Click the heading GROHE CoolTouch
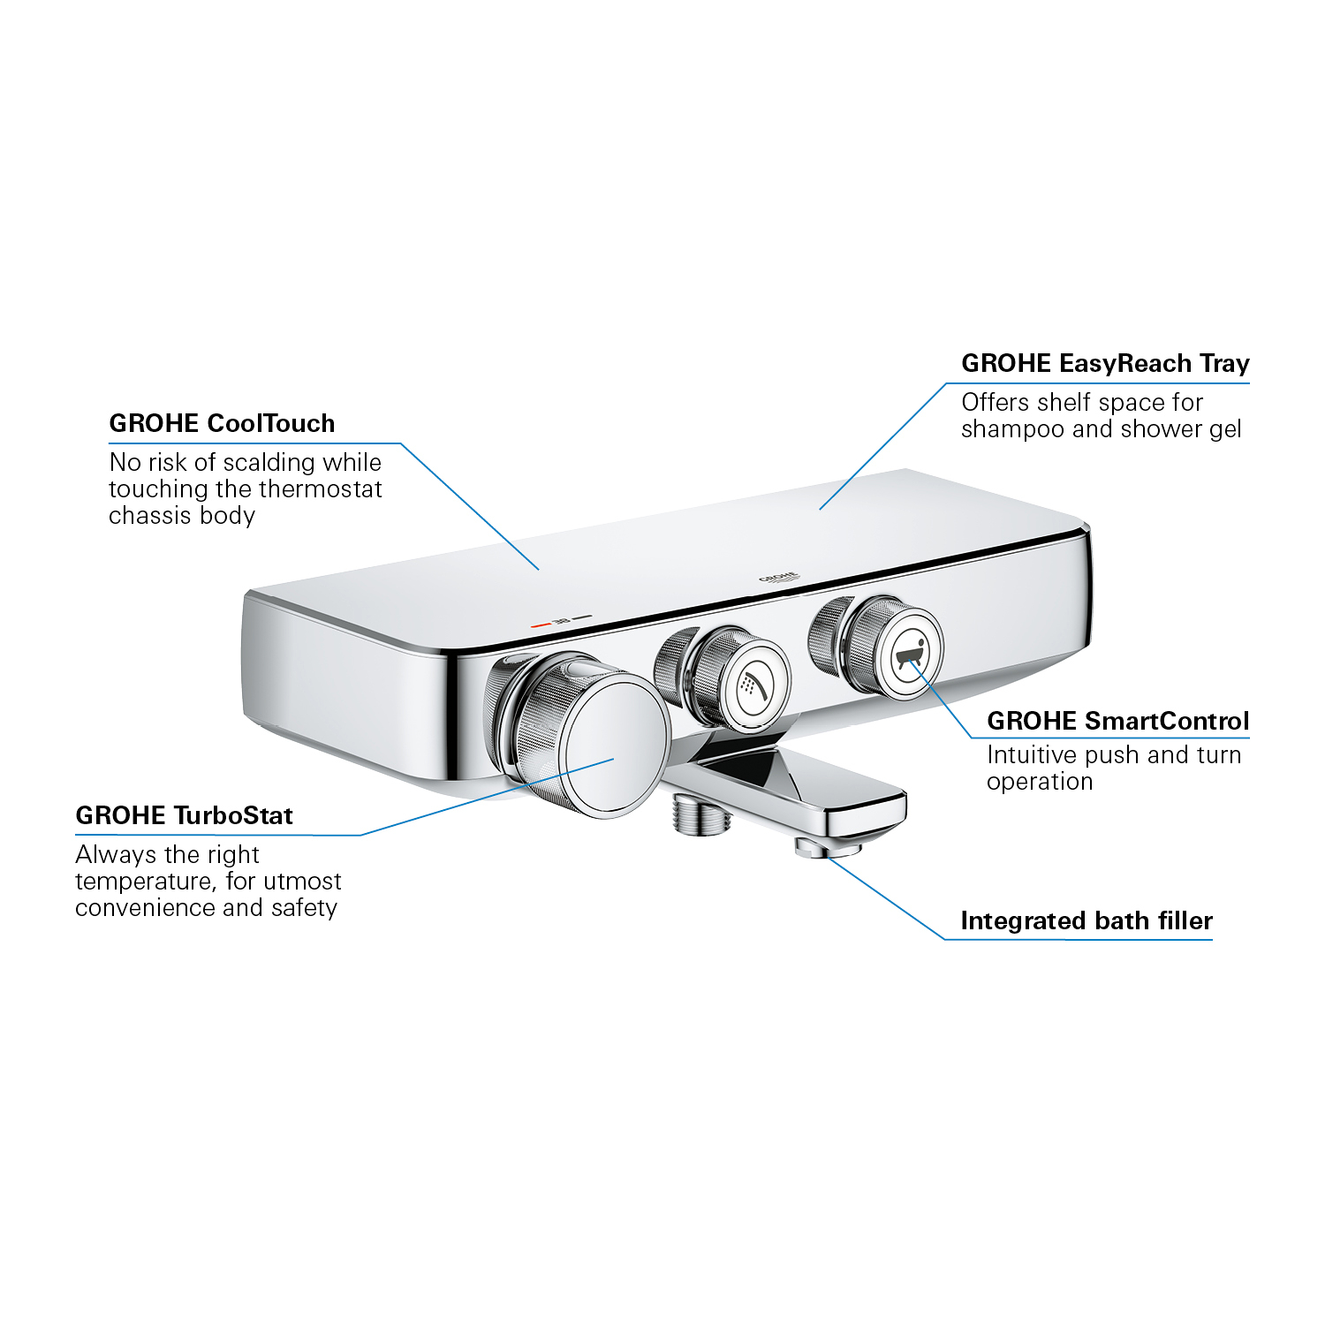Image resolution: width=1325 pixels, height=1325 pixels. point(222,423)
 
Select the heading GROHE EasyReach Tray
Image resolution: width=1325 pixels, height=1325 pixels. point(1104,363)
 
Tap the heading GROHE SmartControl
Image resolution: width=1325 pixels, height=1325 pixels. point(1117,721)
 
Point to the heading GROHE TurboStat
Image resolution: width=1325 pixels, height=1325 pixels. point(184,815)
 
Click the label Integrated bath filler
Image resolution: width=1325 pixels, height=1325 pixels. point(1086,920)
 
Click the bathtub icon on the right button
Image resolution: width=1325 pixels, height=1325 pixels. point(911,655)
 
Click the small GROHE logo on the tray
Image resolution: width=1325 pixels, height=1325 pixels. point(778,578)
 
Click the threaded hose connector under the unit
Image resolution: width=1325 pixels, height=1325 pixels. point(701,814)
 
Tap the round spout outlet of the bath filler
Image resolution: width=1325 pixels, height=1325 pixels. point(828,850)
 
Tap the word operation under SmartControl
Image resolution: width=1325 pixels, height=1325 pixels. point(1039,782)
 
